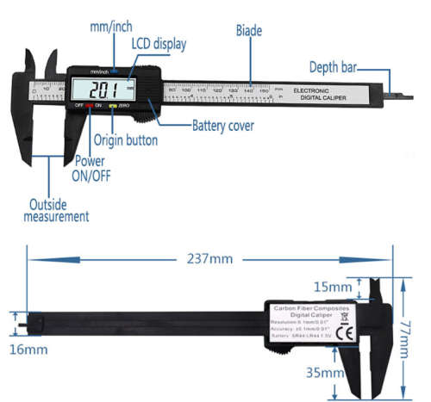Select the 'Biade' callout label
249,30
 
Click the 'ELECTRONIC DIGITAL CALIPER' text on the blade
322,95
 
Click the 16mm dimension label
28,351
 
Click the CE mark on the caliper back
342,333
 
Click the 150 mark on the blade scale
264,90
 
